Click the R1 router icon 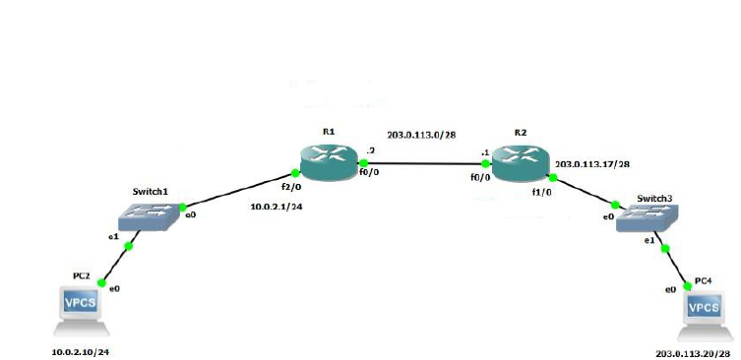(x=330, y=161)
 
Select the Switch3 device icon (x=647, y=219)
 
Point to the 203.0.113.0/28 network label (x=421, y=135)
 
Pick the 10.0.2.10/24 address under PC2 (x=81, y=350)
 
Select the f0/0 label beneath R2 (x=479, y=180)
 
